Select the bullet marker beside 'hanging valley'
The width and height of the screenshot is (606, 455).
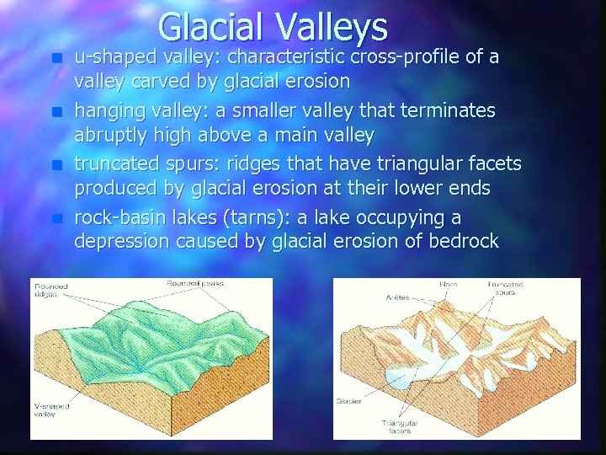[56, 112]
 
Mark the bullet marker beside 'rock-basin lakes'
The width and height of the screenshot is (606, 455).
[56, 218]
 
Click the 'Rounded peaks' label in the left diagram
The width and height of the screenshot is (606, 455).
[194, 283]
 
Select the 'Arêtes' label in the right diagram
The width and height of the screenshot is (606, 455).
[397, 297]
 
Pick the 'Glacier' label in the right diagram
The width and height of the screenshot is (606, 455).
[348, 401]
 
